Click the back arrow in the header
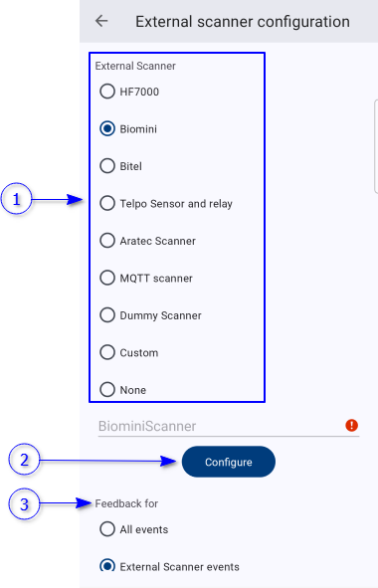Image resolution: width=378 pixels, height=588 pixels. coord(101,21)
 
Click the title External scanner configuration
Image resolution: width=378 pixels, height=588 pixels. coord(243,22)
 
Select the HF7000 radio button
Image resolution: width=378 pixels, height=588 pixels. coord(107,92)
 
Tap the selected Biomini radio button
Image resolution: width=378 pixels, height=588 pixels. coord(107,128)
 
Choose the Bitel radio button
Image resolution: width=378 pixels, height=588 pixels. coord(107,166)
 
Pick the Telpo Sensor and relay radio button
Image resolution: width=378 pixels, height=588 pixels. coord(107,203)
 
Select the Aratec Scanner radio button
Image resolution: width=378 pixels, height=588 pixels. coord(107,241)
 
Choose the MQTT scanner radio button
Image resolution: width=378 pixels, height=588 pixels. coord(107,278)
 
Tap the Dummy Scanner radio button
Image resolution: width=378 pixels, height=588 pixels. coord(107,315)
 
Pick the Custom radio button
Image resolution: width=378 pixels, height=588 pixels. coord(107,352)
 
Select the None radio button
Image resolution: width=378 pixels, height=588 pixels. coord(107,390)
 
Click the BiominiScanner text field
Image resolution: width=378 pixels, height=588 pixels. coord(220,426)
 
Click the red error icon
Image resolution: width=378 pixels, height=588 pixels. coord(351,425)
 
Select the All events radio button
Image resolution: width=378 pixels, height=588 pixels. coord(107,529)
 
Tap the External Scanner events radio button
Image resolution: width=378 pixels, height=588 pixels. coord(107,565)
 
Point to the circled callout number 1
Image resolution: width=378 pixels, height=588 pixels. coord(16,199)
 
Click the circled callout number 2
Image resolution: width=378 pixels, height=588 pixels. coord(24,460)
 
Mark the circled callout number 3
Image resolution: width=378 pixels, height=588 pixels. coord(24,504)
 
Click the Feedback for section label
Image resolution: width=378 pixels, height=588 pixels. coord(126,503)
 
